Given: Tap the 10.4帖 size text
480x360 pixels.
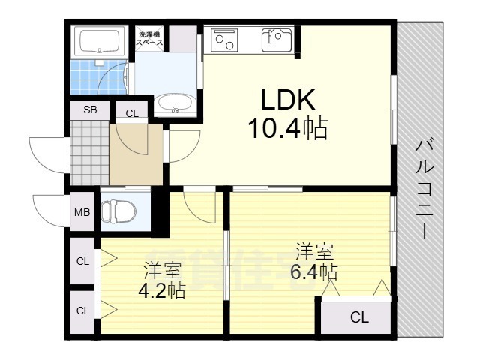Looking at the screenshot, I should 288,130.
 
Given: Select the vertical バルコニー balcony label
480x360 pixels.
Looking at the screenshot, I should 424,188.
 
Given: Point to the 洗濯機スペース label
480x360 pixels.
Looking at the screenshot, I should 149,39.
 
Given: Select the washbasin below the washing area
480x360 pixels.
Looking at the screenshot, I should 177,105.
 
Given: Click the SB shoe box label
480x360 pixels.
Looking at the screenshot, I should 90,109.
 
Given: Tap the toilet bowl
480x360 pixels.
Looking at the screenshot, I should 120,211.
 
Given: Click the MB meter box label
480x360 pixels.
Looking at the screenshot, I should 82,211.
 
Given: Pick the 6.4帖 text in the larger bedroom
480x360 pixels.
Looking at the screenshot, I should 316,270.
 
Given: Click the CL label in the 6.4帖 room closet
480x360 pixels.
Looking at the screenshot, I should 360,317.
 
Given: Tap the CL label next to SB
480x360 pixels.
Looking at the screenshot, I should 131,114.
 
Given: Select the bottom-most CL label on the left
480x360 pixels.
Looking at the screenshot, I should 82,310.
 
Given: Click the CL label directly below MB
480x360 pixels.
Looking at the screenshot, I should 82,261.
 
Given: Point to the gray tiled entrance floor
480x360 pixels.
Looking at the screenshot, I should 88,153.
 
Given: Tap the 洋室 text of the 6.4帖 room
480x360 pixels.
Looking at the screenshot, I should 314,250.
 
